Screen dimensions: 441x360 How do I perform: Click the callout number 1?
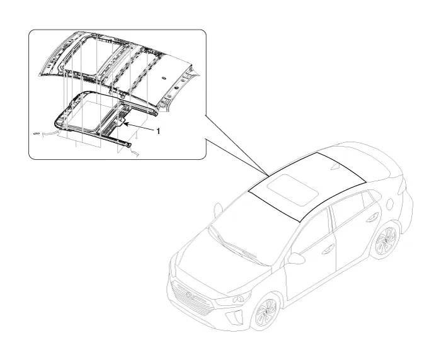[158, 132]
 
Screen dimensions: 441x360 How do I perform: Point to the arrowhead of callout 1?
[125, 123]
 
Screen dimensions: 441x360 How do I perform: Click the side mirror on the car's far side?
[218, 210]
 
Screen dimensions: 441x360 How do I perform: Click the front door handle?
[328, 248]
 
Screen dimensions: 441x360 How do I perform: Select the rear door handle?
[372, 217]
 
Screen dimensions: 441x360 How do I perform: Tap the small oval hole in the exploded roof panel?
[163, 77]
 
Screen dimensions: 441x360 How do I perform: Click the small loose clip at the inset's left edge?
[36, 133]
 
